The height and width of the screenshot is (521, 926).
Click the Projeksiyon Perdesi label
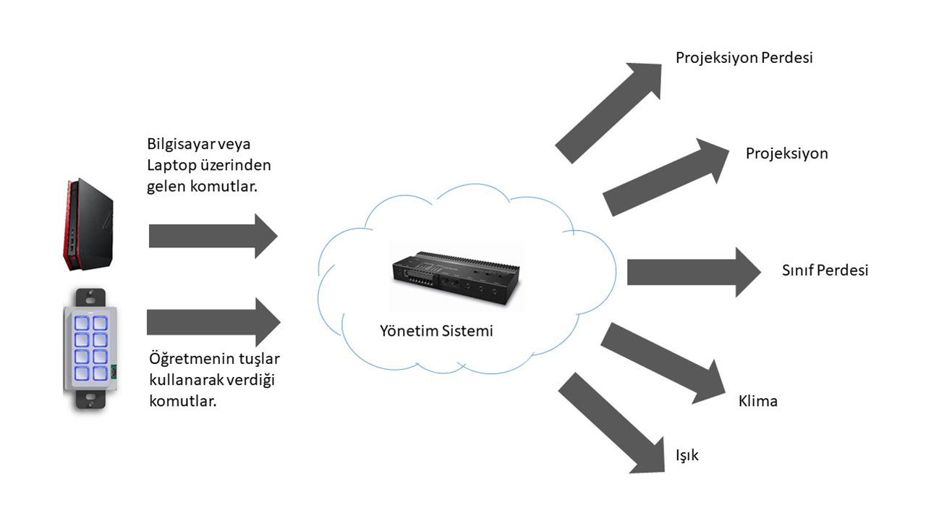click(x=744, y=58)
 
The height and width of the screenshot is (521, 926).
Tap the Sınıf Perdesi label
click(x=825, y=271)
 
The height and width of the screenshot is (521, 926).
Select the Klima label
click(x=757, y=401)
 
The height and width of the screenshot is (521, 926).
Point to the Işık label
click(x=687, y=456)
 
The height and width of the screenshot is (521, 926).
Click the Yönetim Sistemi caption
click(x=436, y=331)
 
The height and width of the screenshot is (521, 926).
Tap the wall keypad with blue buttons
click(x=91, y=348)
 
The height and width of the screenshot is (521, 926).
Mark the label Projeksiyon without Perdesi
click(x=786, y=154)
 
